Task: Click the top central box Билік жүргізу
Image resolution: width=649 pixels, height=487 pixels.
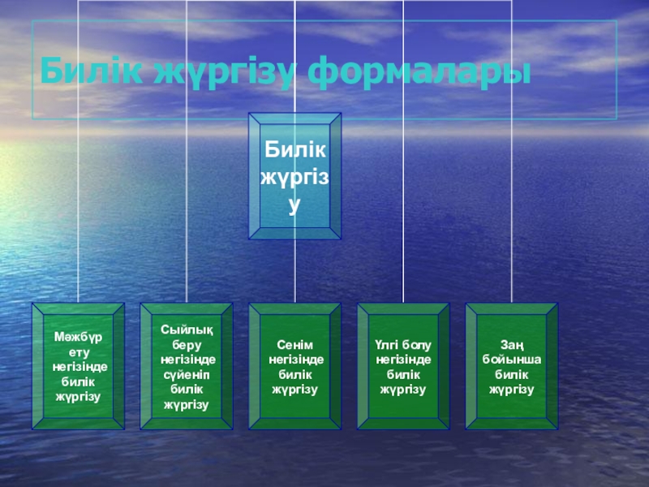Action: click(x=294, y=176)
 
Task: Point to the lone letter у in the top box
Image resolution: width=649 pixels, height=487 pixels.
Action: click(x=294, y=208)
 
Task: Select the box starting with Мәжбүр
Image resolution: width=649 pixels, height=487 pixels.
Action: click(x=78, y=366)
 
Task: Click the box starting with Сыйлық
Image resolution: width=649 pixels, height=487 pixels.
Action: click(x=187, y=366)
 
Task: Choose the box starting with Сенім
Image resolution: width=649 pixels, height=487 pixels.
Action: click(x=294, y=366)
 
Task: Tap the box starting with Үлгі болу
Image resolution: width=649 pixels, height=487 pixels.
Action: click(x=403, y=366)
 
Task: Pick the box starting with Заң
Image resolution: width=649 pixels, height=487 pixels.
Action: click(x=511, y=366)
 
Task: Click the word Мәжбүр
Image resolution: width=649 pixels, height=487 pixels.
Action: click(x=78, y=337)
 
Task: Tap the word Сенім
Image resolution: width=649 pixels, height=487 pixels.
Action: click(x=295, y=346)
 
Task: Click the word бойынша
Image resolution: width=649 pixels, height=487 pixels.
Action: click(x=512, y=360)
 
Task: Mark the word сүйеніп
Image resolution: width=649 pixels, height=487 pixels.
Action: click(x=187, y=374)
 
